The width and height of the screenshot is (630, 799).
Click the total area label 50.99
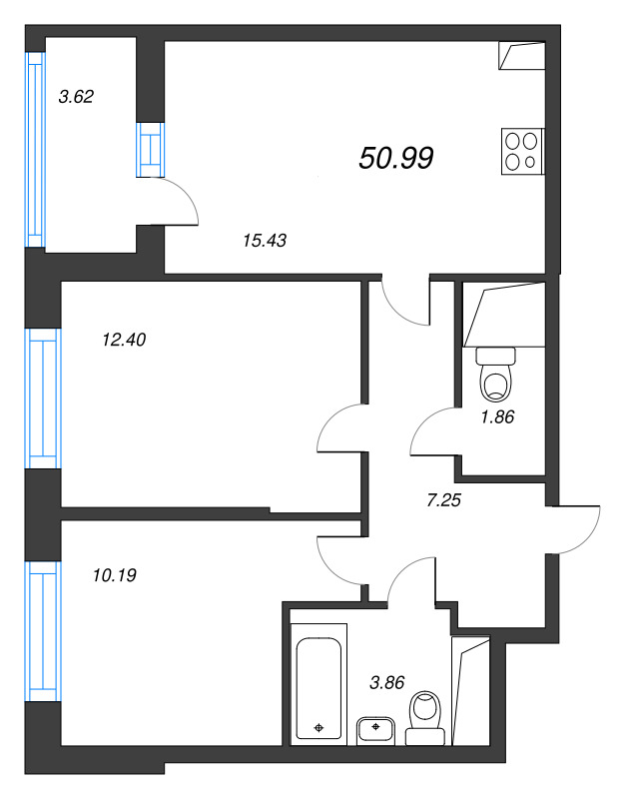click(x=395, y=157)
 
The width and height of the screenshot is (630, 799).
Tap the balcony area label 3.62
click(x=76, y=98)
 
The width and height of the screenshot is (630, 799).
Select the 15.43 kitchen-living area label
click(x=265, y=239)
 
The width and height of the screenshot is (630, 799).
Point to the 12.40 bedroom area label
click(x=125, y=340)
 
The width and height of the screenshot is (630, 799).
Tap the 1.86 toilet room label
click(x=496, y=417)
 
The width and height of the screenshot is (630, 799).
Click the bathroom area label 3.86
click(x=387, y=683)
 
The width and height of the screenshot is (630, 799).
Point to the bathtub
click(x=318, y=683)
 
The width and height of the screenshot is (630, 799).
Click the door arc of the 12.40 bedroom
click(x=336, y=429)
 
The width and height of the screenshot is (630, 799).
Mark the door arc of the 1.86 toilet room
click(x=431, y=431)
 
